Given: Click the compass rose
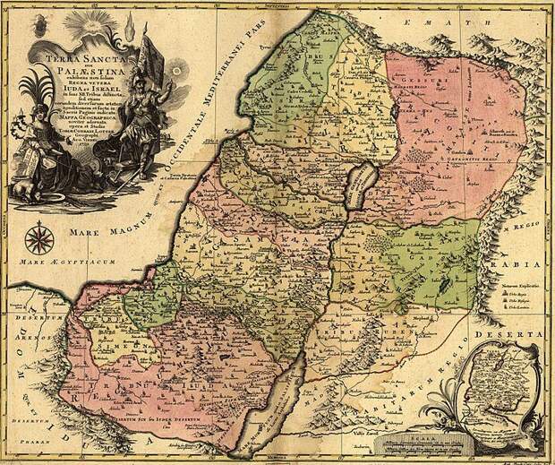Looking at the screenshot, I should (x=38, y=239).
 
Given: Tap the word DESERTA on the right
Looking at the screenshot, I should (x=521, y=333).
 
